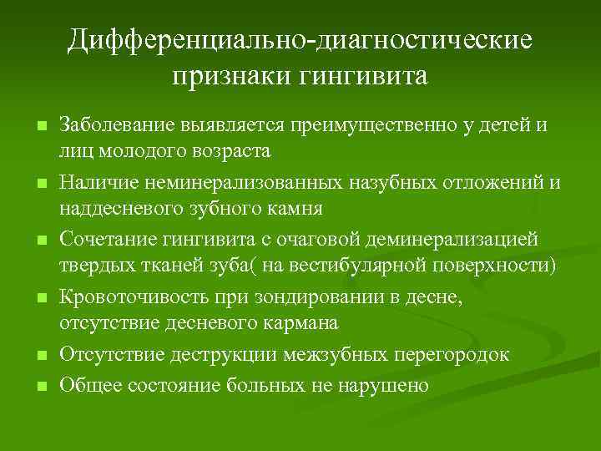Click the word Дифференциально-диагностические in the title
300,40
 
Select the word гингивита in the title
356,77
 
